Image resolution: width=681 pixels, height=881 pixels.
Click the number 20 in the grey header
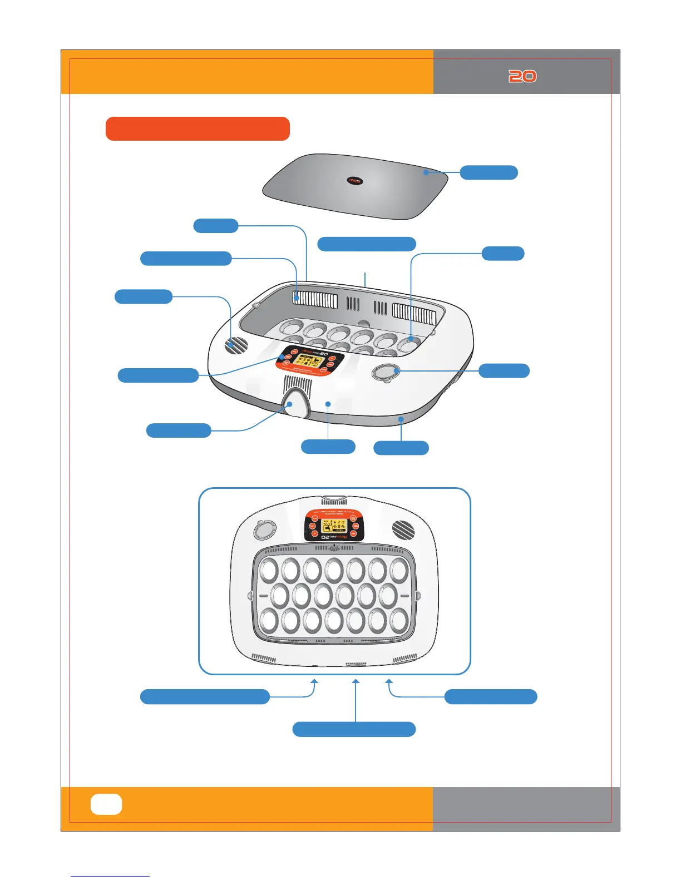pos(522,76)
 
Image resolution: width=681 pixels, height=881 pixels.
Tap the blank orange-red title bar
pos(198,128)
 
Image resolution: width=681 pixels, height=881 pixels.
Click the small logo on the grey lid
pos(355,180)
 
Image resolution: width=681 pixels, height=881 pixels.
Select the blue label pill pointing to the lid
pos(488,172)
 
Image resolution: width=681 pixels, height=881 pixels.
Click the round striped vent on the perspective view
pos(236,345)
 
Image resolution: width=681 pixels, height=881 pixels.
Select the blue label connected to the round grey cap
pos(504,370)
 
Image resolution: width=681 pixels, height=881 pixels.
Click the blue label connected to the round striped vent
pos(144,296)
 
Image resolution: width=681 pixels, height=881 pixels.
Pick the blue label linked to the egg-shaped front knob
pos(179,430)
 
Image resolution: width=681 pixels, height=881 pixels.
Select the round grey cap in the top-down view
pos(263,529)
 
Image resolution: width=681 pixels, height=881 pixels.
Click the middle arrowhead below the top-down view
pos(356,680)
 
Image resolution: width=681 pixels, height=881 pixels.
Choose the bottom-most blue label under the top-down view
pos(354,729)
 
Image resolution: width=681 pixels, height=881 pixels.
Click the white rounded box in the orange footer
pos(106,804)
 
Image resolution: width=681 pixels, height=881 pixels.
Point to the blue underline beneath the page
pos(110,876)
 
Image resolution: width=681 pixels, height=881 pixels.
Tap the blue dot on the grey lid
pos(426,172)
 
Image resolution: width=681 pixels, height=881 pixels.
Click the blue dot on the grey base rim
pos(401,419)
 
